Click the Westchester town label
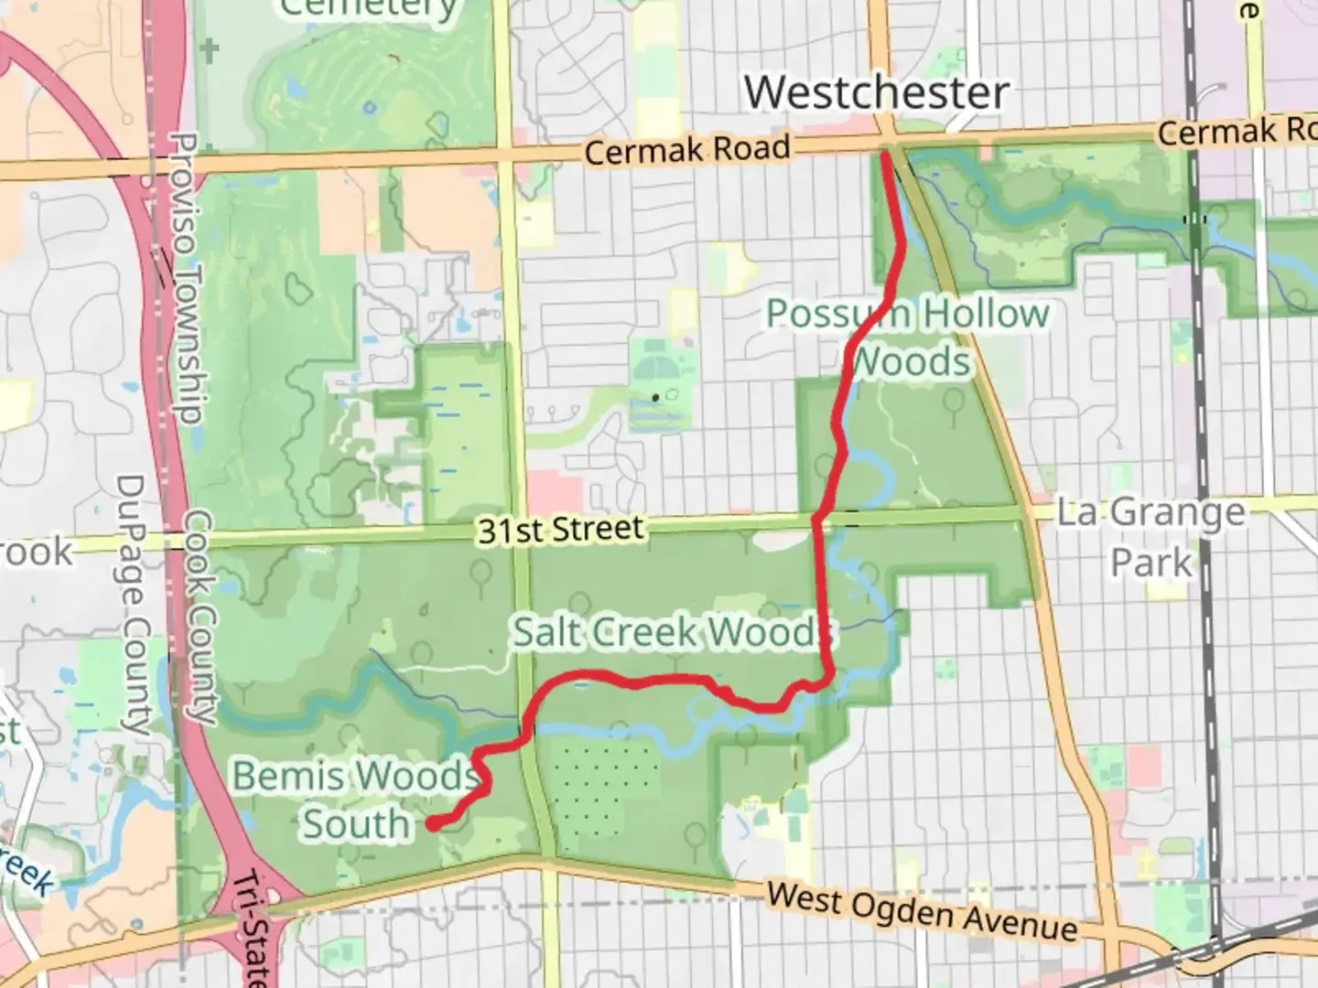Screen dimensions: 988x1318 coord(876,92)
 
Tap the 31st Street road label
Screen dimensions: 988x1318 coord(560,530)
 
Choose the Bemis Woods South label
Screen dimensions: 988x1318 coord(354,800)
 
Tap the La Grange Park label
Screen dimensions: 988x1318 coord(1151,536)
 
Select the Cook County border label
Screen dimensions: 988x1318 coord(200,617)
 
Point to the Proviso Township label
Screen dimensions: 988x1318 coord(186,279)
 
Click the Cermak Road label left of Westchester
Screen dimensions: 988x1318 coord(686,149)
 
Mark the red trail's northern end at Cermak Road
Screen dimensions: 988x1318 coord(884,156)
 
